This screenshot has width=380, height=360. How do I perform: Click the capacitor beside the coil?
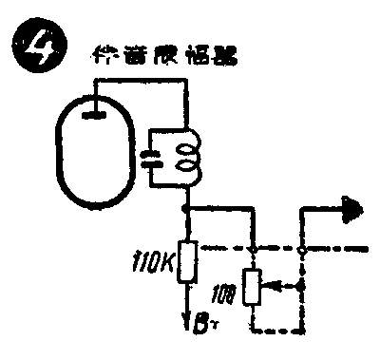click(151, 159)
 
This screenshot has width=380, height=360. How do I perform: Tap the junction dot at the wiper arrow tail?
click(301, 285)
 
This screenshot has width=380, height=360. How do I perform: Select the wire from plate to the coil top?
click(142, 82)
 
